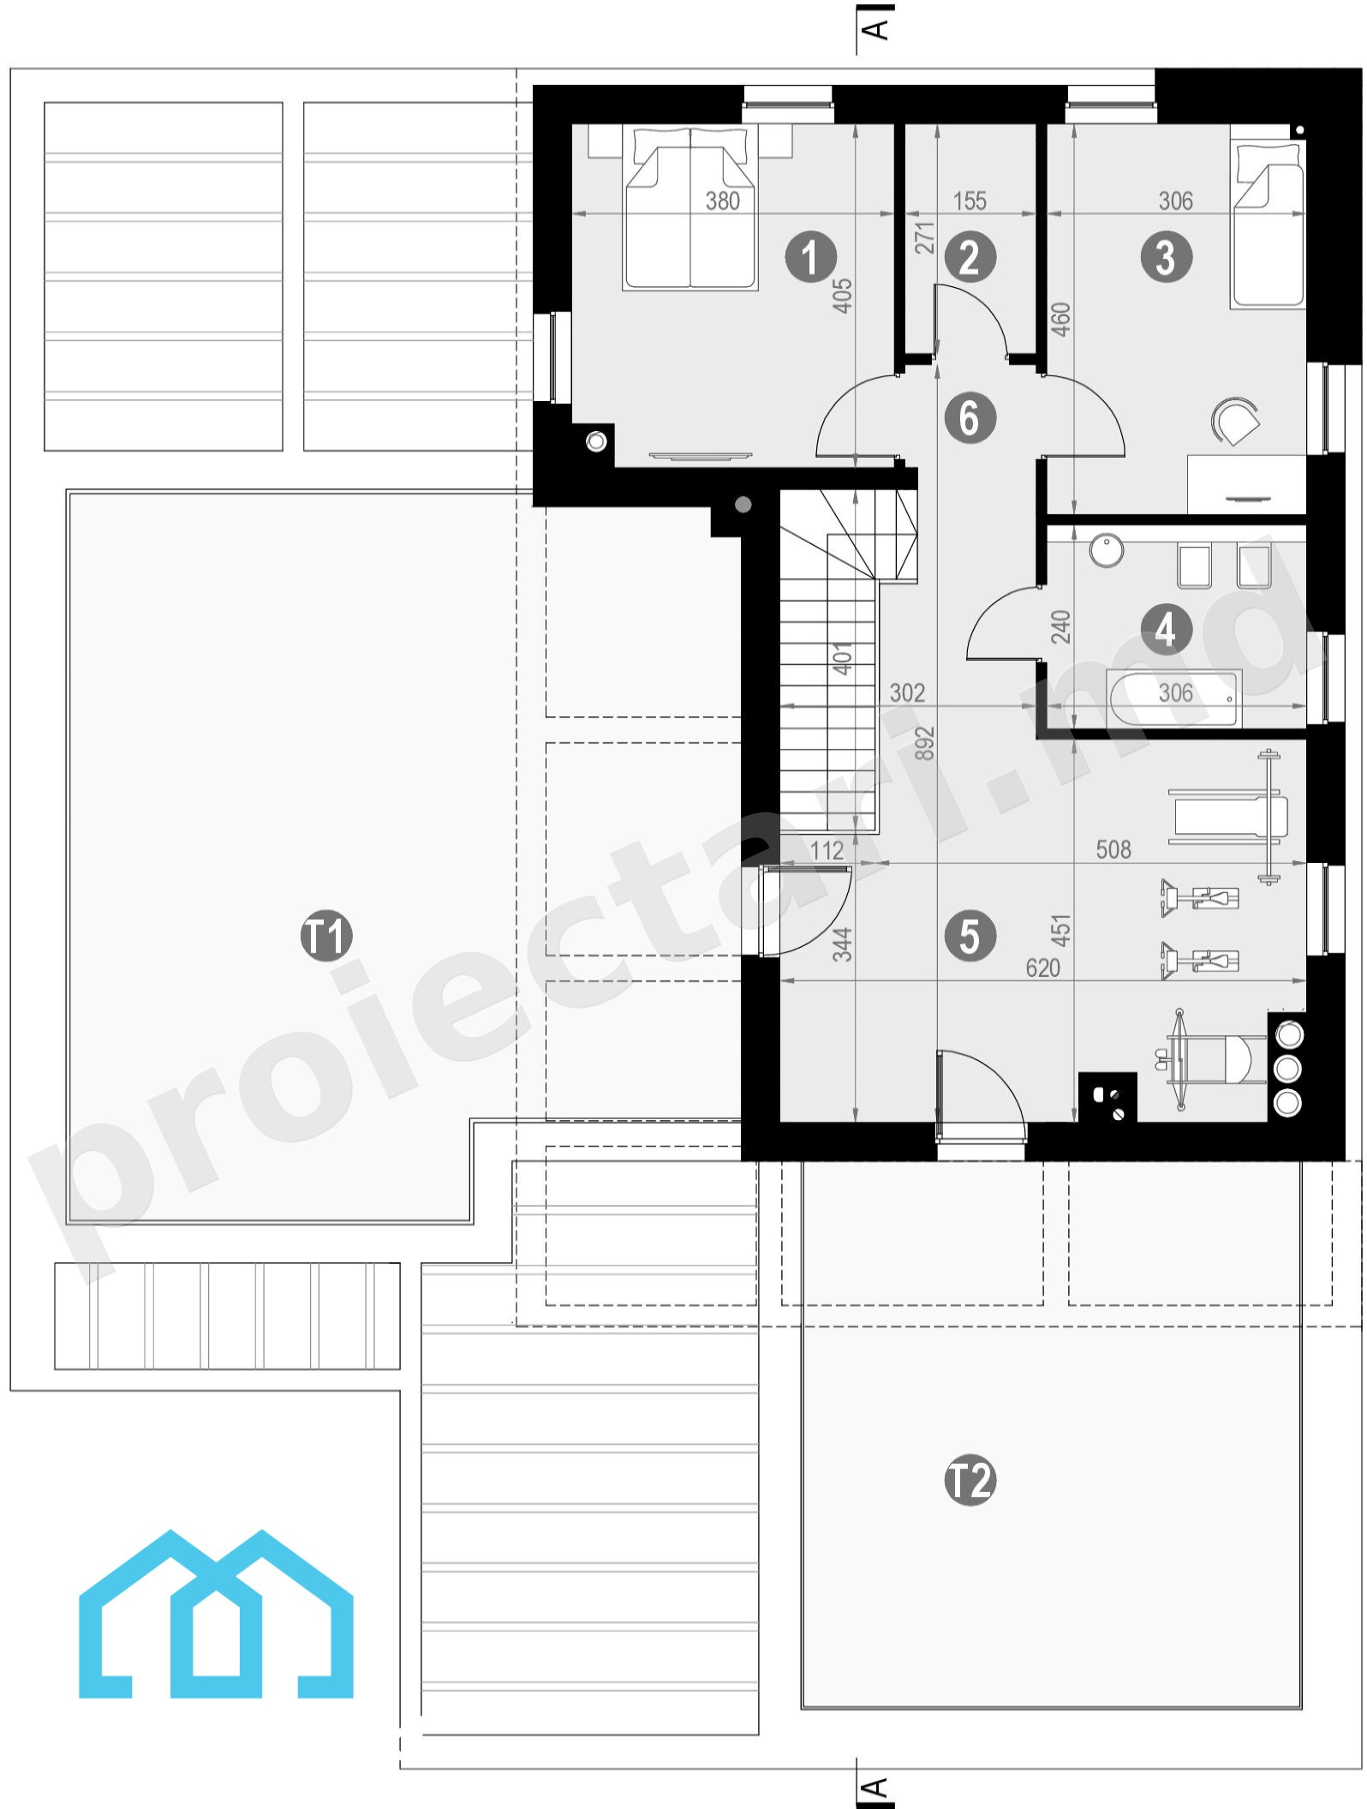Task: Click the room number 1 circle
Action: coord(810,256)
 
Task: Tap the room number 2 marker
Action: coord(970,256)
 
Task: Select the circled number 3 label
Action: coord(1166,256)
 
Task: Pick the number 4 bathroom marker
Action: coord(1166,630)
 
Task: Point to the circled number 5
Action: coord(970,935)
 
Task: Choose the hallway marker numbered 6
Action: coord(970,417)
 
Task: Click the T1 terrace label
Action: coord(325,935)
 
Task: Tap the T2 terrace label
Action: coord(970,1480)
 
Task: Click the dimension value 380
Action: coord(722,201)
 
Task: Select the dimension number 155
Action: coord(970,201)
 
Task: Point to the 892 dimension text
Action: coord(925,744)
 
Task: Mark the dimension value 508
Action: coord(1113,849)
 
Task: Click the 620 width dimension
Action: coord(1042,967)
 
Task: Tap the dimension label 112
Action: coord(827,850)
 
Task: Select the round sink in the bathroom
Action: coord(1107,551)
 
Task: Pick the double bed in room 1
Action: coord(690,208)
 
